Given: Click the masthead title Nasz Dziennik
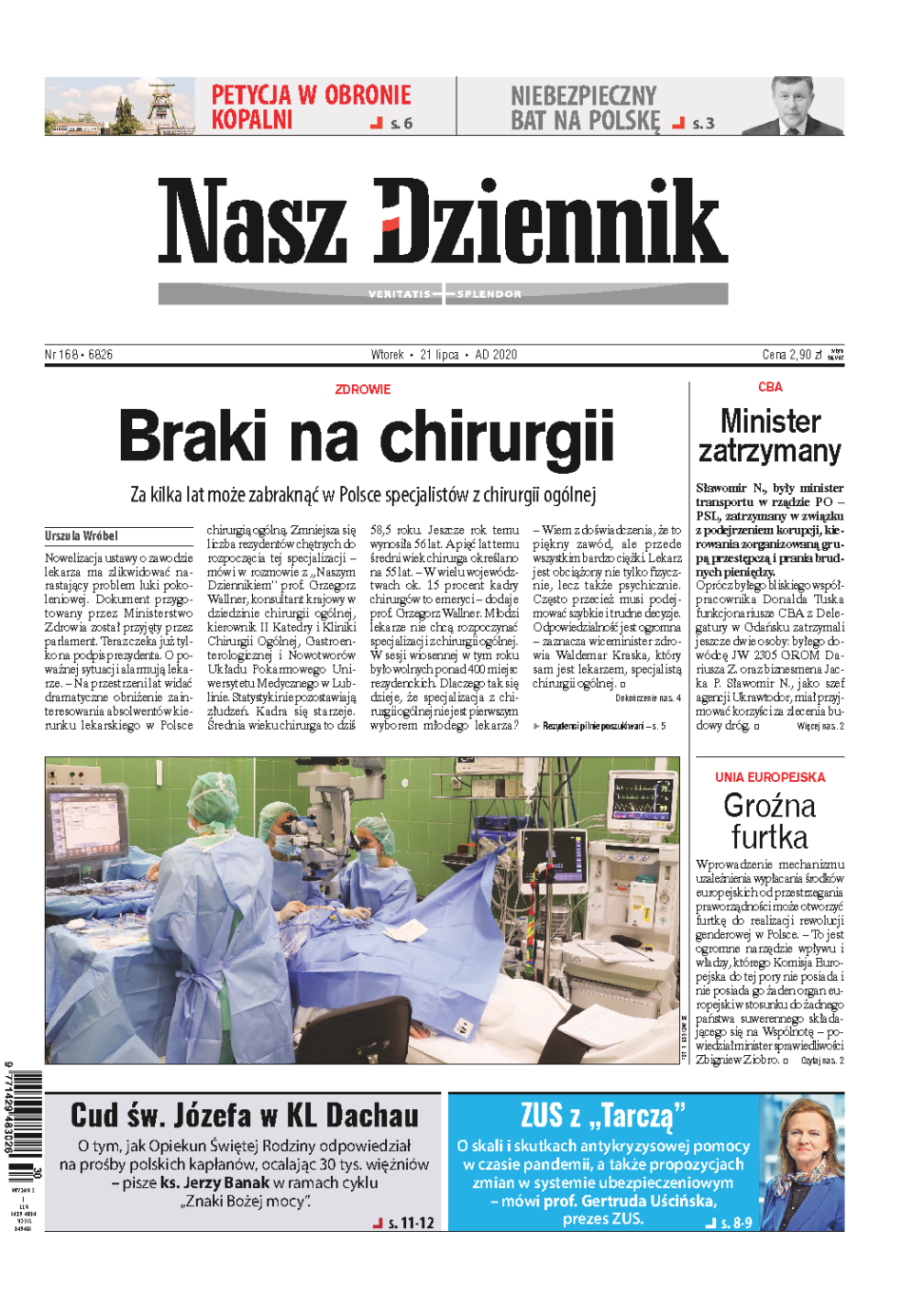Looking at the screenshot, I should pos(442,221).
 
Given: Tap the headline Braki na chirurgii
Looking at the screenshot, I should pos(366,437).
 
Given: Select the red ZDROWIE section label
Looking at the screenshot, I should pos(362,389).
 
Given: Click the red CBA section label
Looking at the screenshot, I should pos(769,387).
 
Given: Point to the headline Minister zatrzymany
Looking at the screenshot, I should pos(769,436).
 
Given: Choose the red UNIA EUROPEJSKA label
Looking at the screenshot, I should pos(769,777).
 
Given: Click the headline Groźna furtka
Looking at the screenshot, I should pos(769,821).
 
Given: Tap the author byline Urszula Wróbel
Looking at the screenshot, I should pos(81,536).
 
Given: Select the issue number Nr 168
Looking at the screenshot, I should pos(62,355).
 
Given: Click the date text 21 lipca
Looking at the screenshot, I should pos(439,355).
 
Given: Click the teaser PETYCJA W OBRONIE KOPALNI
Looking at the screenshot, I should pos(310,107).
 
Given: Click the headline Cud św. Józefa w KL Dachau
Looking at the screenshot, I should pos(244,1115).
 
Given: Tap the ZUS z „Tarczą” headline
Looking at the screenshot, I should pos(602,1115).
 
